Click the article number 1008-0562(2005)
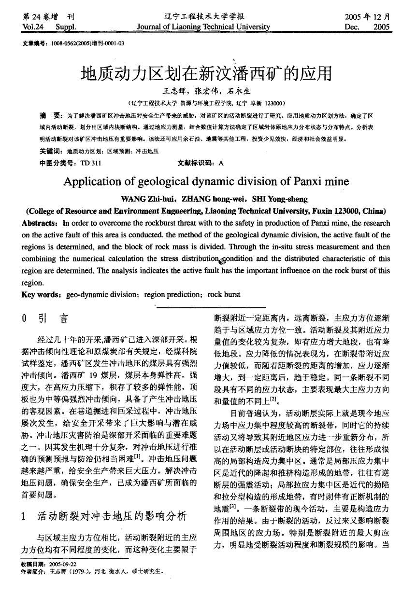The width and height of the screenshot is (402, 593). (x=73, y=44)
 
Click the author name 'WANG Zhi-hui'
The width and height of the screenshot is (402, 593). (x=148, y=199)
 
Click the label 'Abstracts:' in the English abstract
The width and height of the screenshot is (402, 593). (x=41, y=223)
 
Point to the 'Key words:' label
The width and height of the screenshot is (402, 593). (x=42, y=294)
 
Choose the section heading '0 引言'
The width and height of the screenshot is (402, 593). (x=45, y=319)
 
